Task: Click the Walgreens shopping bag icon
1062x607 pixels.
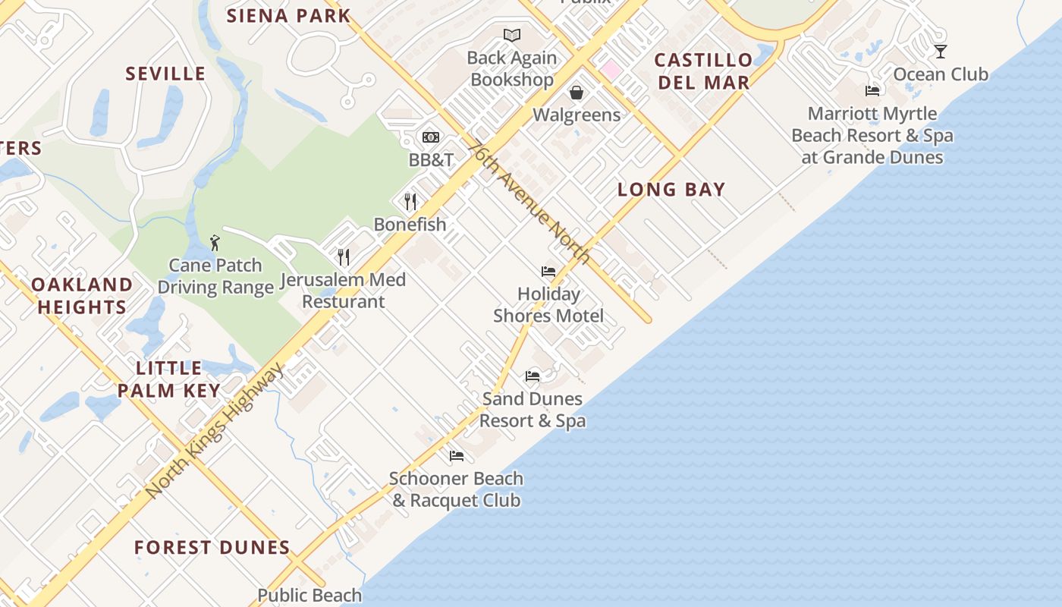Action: [577, 93]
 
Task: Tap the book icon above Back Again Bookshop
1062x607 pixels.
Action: [512, 35]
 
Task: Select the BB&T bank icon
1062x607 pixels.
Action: [431, 137]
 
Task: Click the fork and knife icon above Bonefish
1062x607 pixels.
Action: [410, 201]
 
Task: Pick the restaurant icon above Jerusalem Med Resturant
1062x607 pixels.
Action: [344, 256]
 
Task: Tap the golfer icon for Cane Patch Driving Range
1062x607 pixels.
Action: [215, 243]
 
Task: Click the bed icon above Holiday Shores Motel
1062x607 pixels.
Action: [548, 271]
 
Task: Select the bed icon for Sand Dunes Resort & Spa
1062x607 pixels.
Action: [533, 376]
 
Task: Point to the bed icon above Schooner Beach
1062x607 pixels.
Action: [457, 455]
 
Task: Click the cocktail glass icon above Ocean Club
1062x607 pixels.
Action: [941, 52]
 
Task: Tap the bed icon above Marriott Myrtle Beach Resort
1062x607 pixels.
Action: [872, 91]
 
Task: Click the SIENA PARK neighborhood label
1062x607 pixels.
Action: [289, 15]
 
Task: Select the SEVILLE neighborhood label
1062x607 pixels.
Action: [165, 74]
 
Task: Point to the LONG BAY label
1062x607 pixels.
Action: [671, 190]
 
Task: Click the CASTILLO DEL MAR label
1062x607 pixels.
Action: [704, 71]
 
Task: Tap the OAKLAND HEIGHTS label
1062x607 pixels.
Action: [82, 296]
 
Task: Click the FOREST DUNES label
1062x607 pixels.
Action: [212, 547]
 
